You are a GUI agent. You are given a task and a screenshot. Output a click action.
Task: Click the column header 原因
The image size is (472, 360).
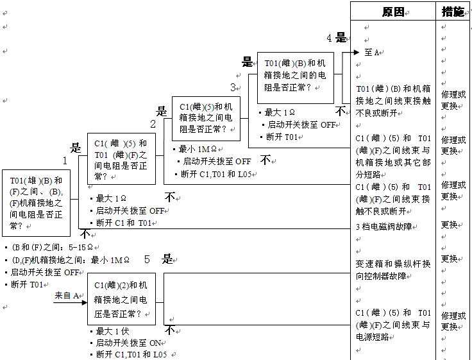pos(392,12)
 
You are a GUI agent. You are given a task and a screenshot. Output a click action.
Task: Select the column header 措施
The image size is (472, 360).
pos(453,12)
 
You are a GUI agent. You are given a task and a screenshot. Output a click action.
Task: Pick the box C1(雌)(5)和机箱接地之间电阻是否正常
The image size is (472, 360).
pos(205,118)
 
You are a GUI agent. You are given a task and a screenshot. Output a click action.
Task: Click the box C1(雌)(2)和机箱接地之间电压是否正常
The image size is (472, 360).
pos(121,299)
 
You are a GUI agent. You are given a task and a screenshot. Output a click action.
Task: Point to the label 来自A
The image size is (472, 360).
pos(66,295)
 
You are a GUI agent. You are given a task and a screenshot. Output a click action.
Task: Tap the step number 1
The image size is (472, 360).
pos(65,160)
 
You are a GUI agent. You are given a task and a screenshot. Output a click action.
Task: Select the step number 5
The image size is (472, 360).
pos(147,259)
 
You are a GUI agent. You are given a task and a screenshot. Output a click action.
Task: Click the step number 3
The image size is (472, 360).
pos(233,87)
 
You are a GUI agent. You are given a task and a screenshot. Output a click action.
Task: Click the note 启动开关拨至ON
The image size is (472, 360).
pos(128,343)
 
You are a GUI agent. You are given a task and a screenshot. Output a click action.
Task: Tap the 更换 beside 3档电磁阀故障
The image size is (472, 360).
pos(449,225)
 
